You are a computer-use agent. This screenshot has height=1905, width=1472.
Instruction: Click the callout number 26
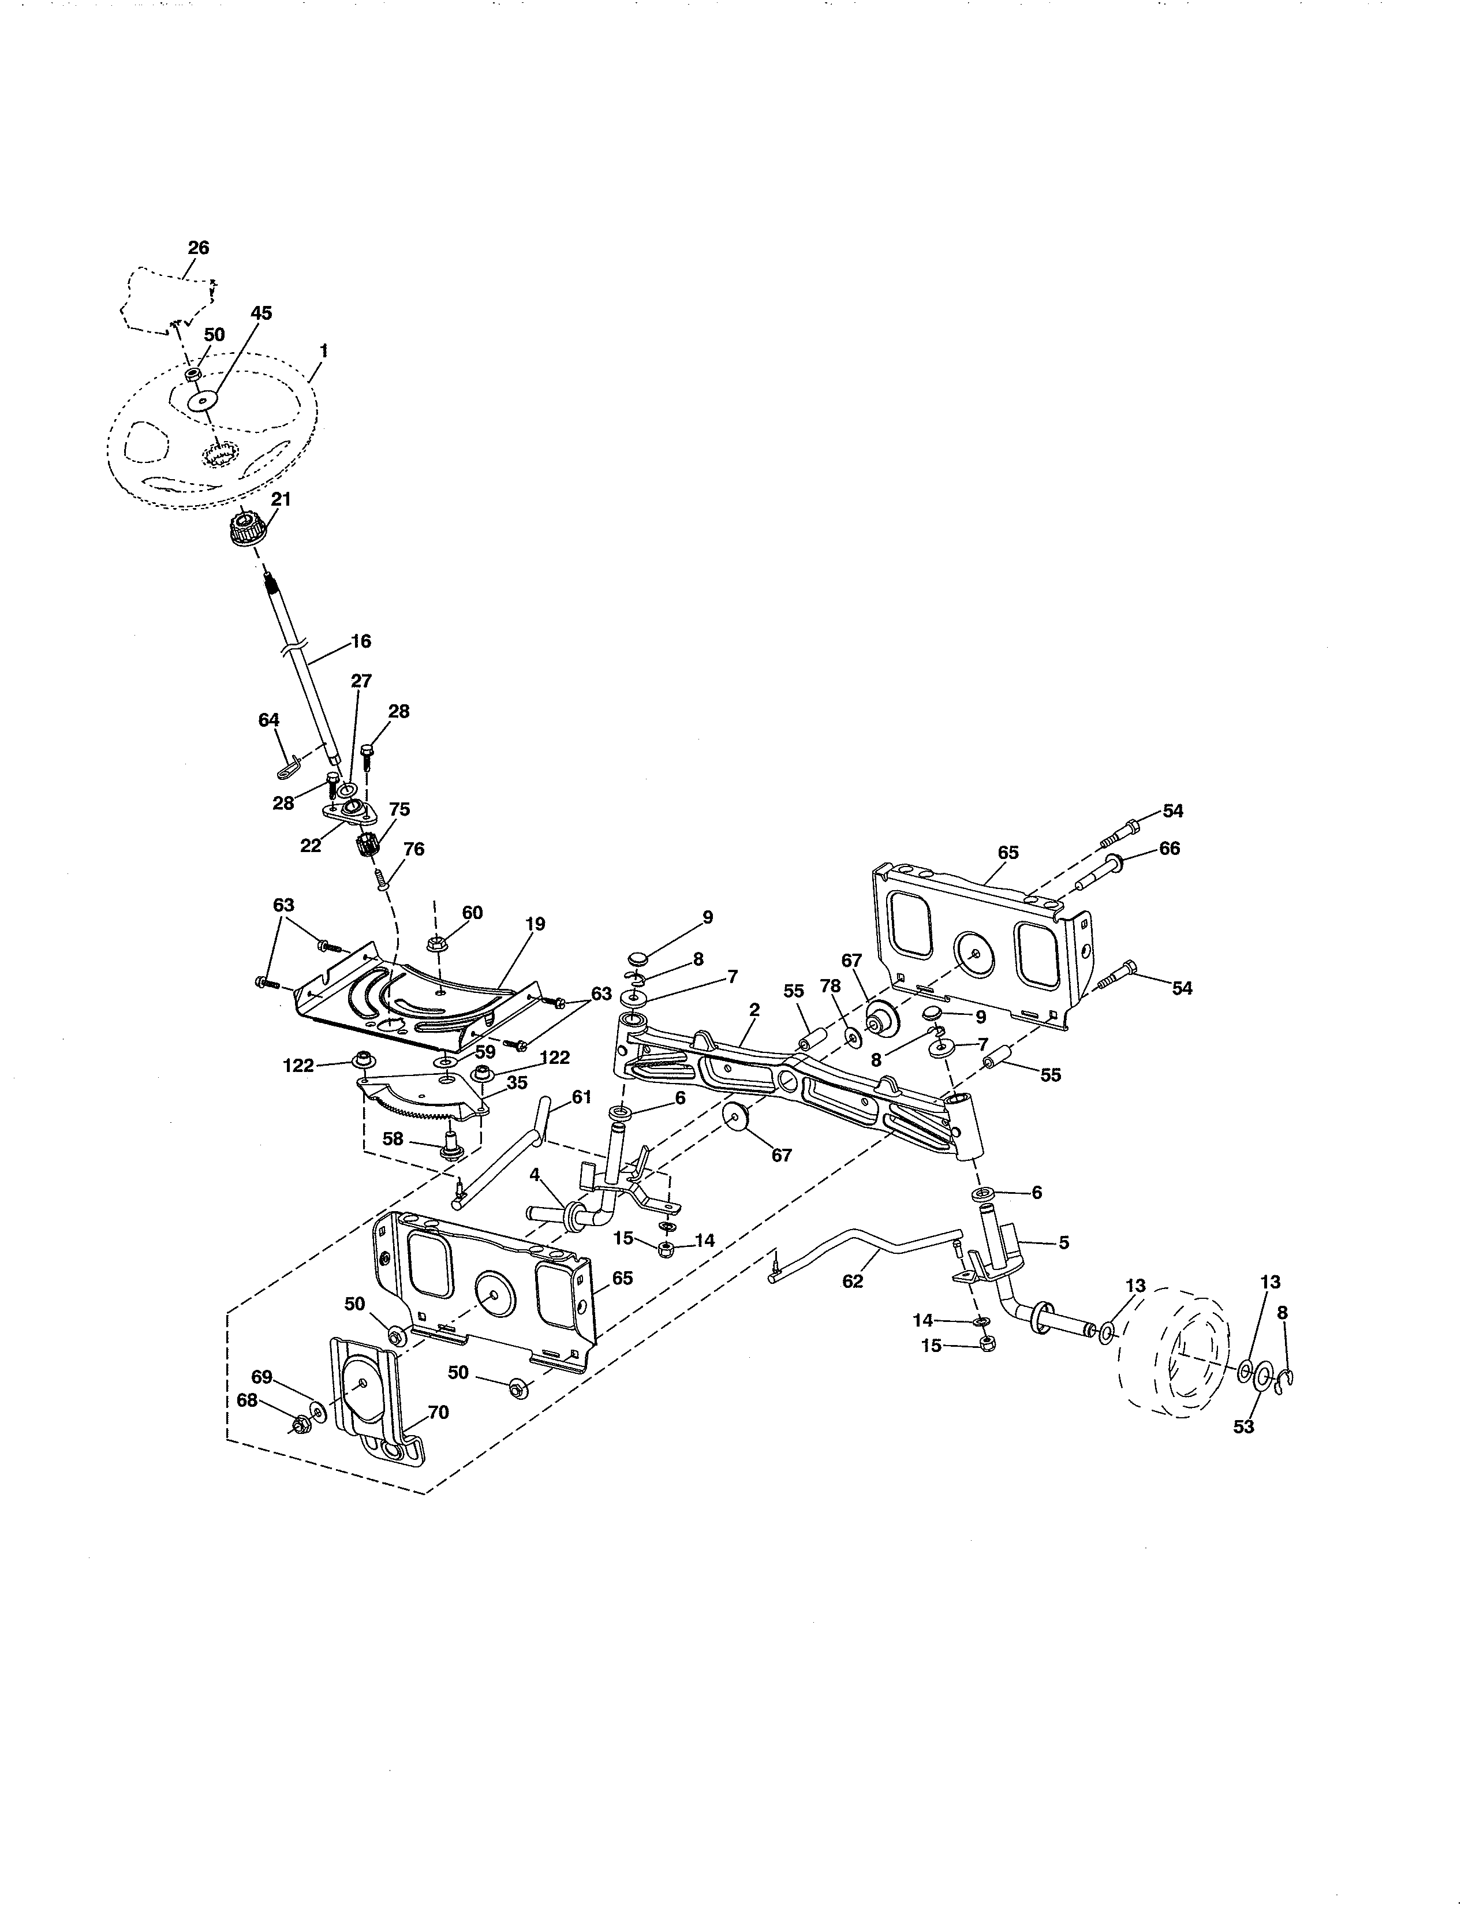click(x=199, y=248)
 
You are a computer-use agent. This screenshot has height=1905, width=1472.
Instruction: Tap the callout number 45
click(x=261, y=313)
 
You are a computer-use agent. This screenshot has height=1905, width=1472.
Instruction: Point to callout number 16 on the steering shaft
click(x=360, y=641)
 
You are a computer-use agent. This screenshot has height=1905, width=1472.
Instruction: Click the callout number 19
click(x=536, y=924)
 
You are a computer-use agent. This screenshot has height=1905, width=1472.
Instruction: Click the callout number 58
click(x=393, y=1138)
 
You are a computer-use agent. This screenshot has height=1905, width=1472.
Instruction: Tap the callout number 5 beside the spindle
click(x=1063, y=1242)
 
